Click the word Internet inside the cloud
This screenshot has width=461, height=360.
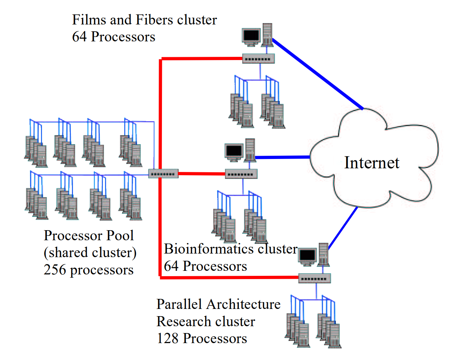(x=371, y=163)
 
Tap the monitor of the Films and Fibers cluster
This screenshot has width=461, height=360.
(x=251, y=36)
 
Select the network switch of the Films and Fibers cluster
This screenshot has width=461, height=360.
(x=258, y=59)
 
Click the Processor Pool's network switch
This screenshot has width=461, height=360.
(x=163, y=174)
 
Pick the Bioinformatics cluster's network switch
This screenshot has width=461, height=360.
(x=241, y=174)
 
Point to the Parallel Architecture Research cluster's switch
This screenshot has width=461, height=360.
(x=314, y=278)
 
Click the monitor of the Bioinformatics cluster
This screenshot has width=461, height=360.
(x=234, y=151)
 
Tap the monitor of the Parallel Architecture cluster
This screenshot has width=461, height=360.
(x=307, y=256)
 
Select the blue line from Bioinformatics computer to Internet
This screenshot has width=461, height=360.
(x=283, y=157)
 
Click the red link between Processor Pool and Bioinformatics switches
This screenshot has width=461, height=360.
(x=202, y=174)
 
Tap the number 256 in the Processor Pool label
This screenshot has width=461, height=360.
(x=55, y=270)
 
